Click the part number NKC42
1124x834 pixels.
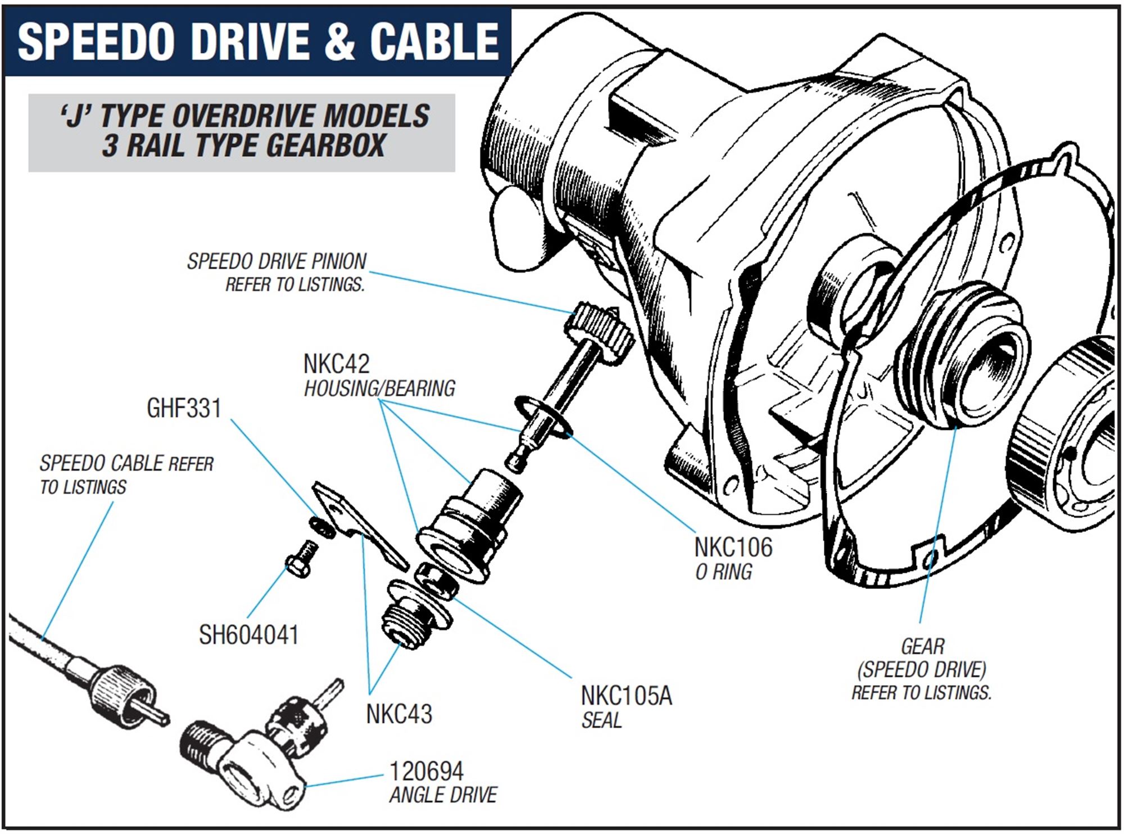coord(336,364)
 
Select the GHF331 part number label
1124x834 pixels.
coord(184,409)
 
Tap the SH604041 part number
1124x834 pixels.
coord(248,635)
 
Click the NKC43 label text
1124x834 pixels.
coord(399,714)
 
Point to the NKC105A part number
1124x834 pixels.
coord(626,696)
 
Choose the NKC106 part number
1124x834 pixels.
coord(733,547)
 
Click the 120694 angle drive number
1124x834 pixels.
coord(427,772)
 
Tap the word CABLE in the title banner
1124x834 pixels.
coord(434,42)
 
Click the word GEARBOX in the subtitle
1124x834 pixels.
coord(325,146)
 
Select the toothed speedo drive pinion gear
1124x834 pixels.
coord(599,329)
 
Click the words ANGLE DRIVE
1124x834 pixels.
coord(443,795)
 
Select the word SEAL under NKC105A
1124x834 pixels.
coord(601,720)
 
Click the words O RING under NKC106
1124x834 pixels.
coord(723,572)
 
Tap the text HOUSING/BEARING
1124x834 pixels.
coord(379,388)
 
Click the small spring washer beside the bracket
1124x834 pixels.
coord(323,527)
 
